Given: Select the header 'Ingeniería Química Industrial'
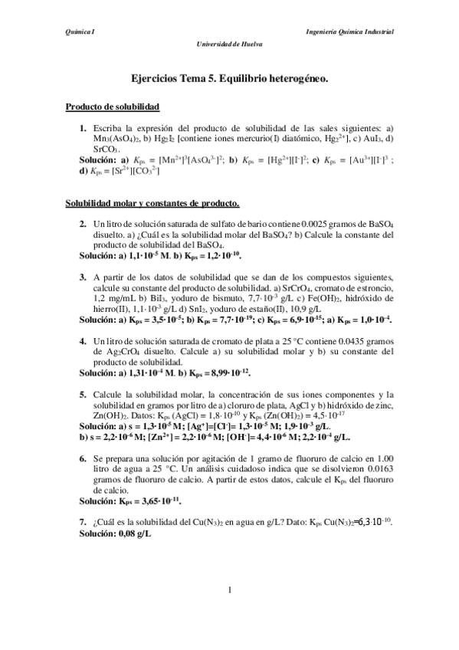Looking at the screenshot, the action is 349,32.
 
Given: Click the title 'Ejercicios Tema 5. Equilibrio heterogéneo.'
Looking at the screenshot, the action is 229,77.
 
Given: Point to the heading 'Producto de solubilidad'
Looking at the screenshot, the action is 112,107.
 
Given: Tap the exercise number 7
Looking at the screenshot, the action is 82,521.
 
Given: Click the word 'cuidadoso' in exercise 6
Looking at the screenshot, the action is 253,469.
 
